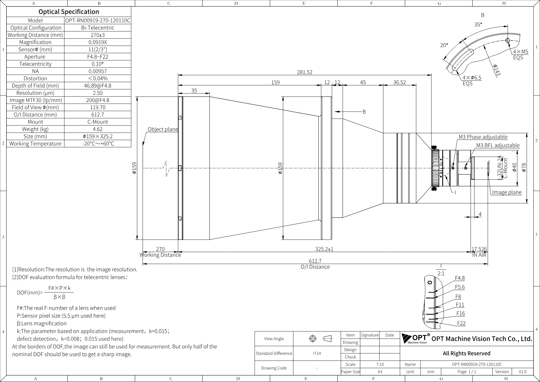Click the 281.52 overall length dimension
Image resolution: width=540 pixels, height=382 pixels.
304,72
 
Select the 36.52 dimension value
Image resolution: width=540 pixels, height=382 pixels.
399,82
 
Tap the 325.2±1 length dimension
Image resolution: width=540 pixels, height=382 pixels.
324,249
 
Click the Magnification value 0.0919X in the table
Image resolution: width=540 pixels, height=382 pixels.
98,42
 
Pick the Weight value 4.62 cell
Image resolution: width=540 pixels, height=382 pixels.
98,129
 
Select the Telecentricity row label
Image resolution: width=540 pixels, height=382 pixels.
35,64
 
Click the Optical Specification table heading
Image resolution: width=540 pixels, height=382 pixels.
69,12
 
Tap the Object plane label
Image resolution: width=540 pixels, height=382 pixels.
163,129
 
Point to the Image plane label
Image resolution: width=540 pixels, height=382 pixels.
507,192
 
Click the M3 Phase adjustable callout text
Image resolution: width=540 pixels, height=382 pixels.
483,137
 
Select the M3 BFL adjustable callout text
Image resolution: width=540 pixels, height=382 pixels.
498,145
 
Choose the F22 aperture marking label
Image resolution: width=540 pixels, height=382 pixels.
461,323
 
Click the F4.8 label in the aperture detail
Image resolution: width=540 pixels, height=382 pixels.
460,278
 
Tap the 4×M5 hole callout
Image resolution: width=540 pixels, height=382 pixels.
521,52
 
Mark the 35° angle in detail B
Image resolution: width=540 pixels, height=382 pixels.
478,25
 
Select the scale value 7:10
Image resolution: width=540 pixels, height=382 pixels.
380,364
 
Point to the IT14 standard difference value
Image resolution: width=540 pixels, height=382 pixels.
317,353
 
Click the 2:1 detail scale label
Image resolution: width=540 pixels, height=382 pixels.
441,273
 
